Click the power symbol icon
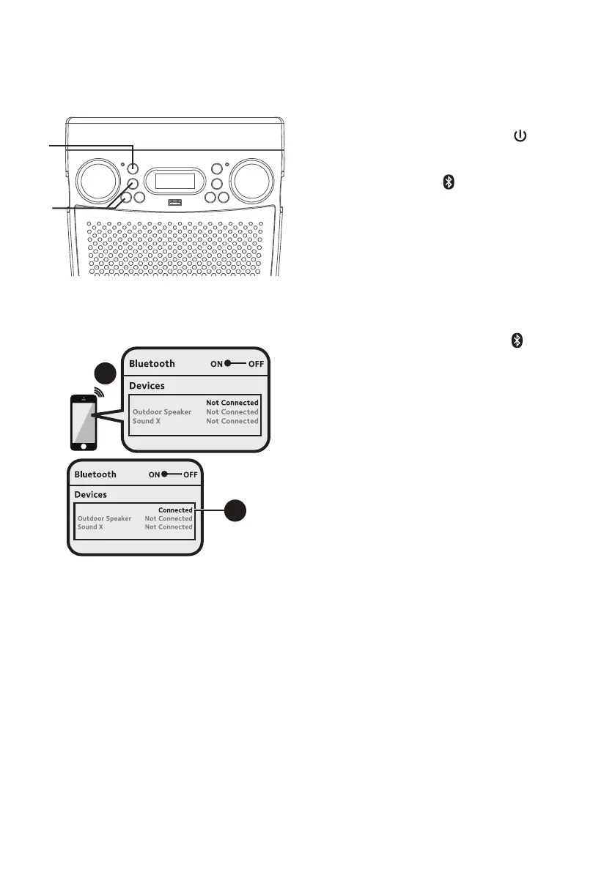tap(520, 136)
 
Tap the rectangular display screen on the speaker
tap(174, 180)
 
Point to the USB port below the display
tap(174, 203)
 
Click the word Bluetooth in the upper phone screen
tap(152, 363)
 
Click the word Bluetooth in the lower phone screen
tap(95, 474)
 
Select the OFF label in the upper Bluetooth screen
tap(257, 363)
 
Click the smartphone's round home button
tap(84, 444)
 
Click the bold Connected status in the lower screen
tap(175, 510)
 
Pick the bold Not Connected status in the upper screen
tap(232, 403)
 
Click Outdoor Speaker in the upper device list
tap(161, 412)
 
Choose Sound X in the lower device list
tap(90, 527)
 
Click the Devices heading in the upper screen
tap(147, 385)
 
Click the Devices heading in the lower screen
tap(90, 495)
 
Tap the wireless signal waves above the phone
tap(98, 391)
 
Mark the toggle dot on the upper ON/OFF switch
tap(229, 363)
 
